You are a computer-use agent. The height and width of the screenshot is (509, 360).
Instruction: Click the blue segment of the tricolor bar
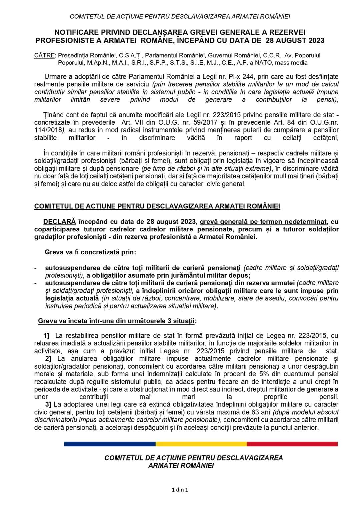pos(110,444)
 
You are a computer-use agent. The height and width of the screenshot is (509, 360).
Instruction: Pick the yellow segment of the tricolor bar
pos(201,444)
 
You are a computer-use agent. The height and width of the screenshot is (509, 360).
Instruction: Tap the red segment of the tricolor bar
pos(292,444)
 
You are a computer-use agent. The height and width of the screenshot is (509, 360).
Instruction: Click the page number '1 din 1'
pos(180,490)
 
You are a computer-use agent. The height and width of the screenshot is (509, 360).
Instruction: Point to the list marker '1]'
pos(46,335)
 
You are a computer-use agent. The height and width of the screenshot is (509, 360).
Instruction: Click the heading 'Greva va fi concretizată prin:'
pos(90,252)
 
